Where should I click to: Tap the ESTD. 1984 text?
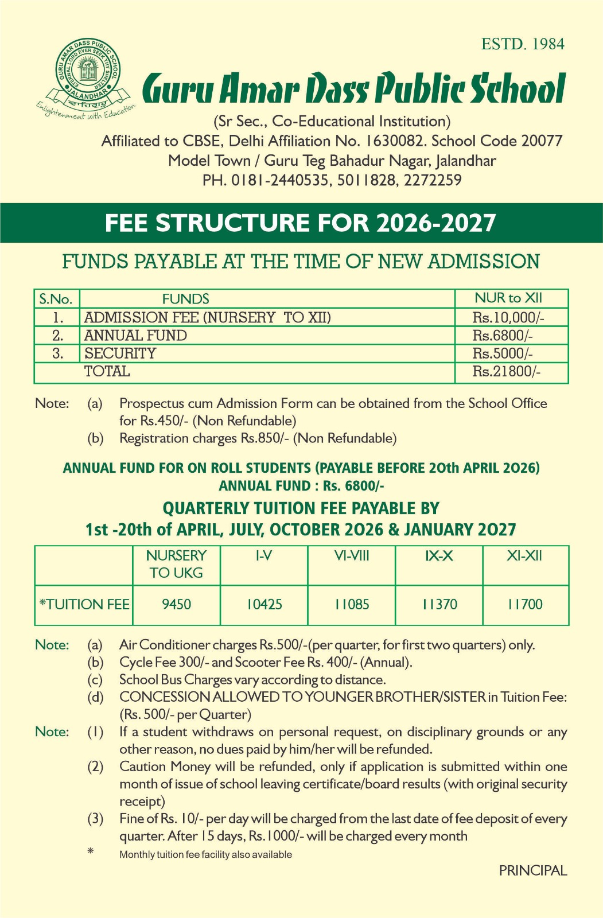point(523,44)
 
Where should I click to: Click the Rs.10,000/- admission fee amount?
point(508,317)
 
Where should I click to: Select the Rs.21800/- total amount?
point(506,371)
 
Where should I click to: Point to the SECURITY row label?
point(120,353)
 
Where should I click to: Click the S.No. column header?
point(56,299)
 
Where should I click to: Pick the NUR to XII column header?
point(508,298)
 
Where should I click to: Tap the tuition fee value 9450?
point(176,604)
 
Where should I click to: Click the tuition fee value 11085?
point(352,604)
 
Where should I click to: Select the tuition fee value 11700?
point(524,604)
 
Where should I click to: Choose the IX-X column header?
point(439,555)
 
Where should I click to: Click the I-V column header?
point(263,555)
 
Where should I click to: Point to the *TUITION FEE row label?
point(84,604)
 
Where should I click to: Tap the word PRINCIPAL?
point(532,870)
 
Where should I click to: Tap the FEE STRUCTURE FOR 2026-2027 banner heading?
point(301,223)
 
